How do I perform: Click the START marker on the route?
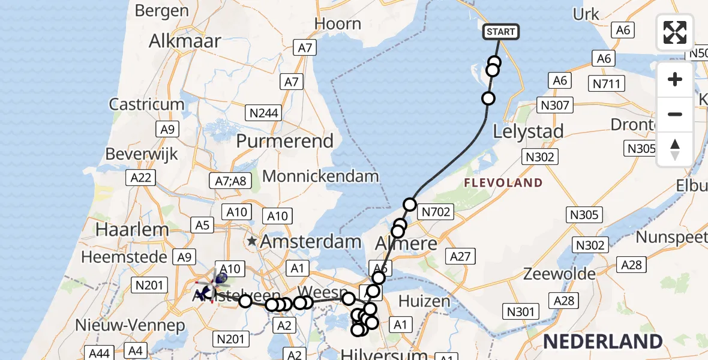(500, 31)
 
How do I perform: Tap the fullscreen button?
(675, 32)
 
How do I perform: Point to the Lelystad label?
(528, 131)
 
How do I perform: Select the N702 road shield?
(437, 211)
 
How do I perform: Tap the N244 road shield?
(264, 112)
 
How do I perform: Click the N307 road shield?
(554, 106)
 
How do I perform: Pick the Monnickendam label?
(321, 176)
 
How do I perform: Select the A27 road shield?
(461, 257)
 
